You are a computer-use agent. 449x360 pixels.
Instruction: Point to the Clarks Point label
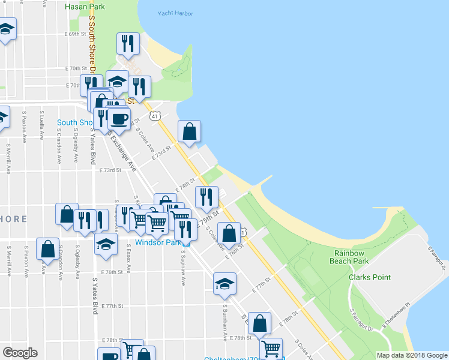(370, 277)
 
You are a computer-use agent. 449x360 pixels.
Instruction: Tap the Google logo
(20, 353)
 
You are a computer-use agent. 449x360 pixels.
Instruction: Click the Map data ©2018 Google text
(412, 355)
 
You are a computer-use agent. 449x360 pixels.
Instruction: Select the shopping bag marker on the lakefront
(189, 131)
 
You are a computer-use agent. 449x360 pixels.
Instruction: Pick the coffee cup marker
(119, 118)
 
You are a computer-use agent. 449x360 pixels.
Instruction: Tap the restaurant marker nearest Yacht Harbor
(128, 44)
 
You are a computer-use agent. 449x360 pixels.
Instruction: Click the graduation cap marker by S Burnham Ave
(225, 283)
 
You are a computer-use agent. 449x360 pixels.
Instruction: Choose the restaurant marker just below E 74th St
(206, 197)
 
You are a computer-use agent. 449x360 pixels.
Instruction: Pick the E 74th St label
(185, 185)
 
